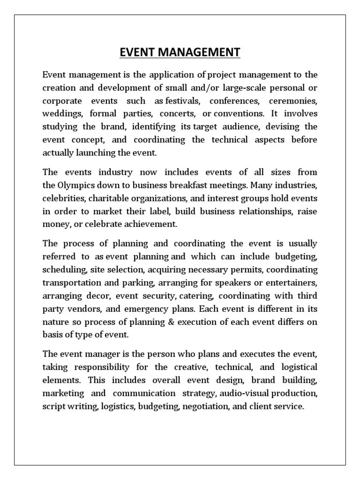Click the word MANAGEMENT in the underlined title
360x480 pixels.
point(197,52)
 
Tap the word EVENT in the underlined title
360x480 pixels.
point(136,52)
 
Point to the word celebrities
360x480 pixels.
point(61,198)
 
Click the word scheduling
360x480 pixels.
point(61,270)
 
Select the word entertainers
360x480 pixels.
point(291,283)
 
